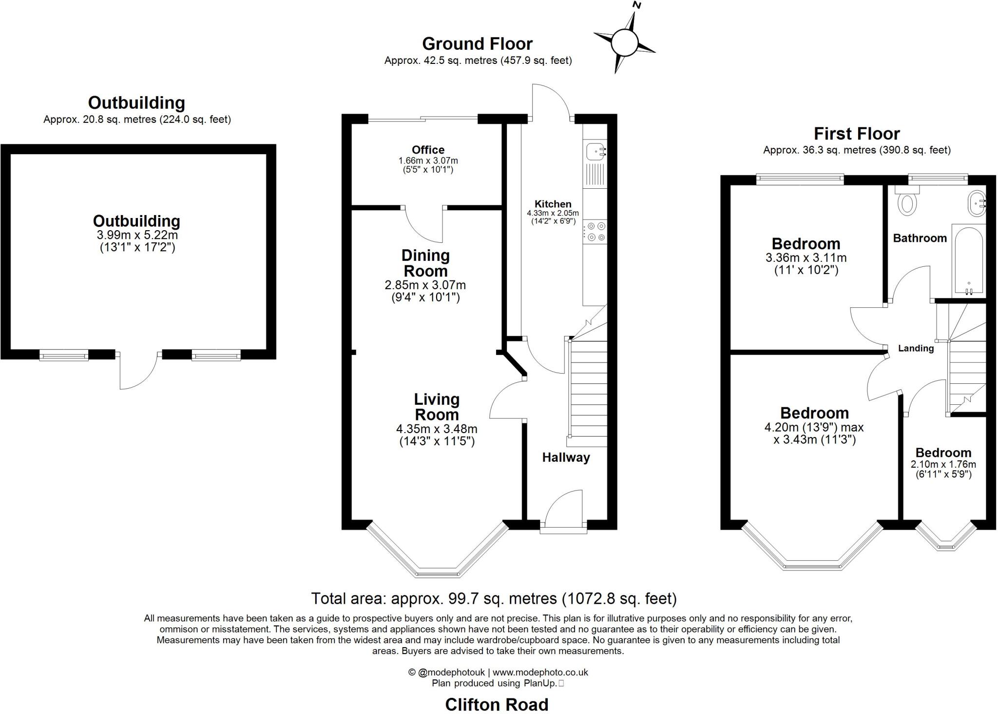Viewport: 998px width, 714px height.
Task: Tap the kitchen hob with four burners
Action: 595,232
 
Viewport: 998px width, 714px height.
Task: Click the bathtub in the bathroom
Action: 968,261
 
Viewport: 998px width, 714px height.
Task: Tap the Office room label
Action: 428,150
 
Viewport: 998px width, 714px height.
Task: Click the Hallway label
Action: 566,457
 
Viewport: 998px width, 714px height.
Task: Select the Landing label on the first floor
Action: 916,348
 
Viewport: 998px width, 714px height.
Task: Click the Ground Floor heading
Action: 477,44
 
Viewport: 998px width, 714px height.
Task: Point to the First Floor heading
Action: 857,134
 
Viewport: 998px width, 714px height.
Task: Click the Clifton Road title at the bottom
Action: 497,704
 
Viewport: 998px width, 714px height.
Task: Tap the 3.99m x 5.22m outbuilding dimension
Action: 137,235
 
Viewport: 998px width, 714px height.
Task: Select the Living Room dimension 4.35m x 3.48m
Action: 437,429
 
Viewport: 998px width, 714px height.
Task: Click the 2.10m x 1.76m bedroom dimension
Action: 943,464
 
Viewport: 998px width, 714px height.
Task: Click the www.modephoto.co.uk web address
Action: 540,672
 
